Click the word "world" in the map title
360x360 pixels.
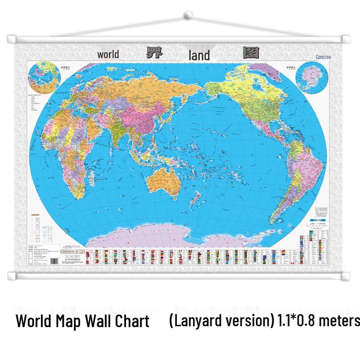108,54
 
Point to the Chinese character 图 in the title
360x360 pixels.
250,53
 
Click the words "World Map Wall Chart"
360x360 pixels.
82,321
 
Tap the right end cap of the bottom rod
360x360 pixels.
346,274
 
